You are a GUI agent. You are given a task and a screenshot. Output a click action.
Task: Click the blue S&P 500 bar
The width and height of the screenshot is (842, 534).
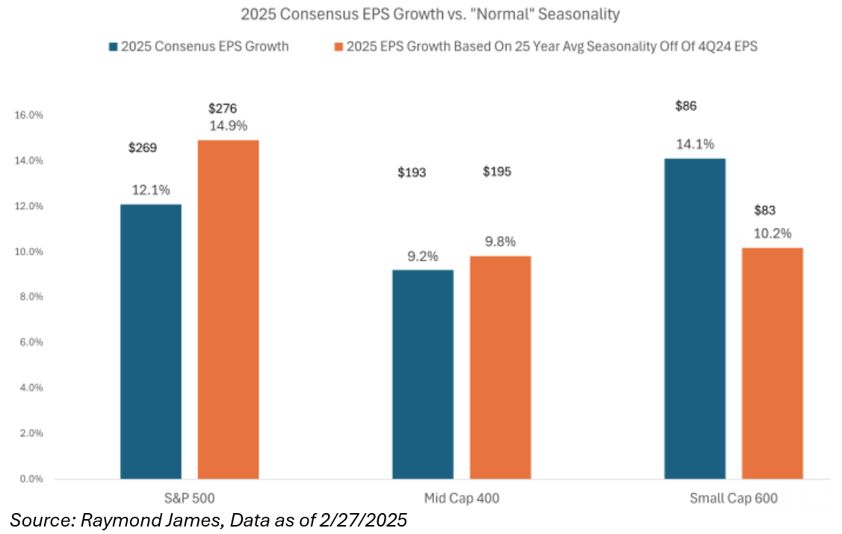point(150,341)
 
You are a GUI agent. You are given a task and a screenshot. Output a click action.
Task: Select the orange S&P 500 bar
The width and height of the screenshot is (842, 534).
point(228,309)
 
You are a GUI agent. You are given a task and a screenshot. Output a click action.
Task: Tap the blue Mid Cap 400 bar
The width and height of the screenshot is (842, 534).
point(422,374)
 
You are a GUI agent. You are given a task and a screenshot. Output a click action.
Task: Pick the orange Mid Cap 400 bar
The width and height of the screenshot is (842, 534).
point(500,367)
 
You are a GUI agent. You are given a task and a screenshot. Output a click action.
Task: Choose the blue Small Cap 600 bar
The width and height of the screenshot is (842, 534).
point(694,318)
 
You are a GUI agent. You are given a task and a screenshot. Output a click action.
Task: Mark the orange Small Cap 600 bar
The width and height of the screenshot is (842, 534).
point(772,363)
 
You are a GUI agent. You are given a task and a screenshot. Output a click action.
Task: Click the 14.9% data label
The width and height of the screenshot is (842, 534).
point(228,125)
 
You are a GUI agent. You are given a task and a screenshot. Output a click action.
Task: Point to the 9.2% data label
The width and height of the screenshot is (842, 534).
point(422,255)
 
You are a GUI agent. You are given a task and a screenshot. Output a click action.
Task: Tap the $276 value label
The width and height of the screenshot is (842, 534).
point(223,108)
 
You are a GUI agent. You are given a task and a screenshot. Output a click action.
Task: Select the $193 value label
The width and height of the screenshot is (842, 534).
point(412,173)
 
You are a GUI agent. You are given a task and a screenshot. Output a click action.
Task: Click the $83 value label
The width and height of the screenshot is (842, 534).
point(766,211)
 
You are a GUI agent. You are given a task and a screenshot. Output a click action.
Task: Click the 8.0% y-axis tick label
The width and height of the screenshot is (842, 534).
point(28,297)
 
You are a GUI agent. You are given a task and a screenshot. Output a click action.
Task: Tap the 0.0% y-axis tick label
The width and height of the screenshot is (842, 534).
point(28,479)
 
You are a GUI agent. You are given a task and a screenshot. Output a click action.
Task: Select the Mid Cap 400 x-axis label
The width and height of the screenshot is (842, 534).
point(461,498)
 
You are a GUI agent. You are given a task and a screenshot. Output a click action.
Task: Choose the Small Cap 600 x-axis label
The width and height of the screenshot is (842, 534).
point(734,498)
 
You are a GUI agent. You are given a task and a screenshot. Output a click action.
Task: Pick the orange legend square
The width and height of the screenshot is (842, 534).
point(338,46)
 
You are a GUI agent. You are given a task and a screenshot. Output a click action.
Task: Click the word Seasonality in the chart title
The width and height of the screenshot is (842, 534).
point(585,13)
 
